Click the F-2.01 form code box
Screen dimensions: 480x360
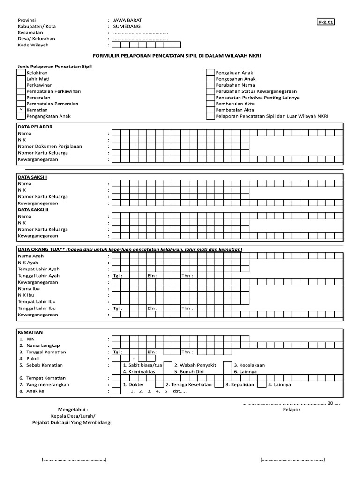coord(326,22)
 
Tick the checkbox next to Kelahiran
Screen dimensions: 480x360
coord(21,73)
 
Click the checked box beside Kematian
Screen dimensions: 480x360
coord(21,110)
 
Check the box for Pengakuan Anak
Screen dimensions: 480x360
coord(210,73)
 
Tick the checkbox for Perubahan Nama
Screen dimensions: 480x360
coord(210,85)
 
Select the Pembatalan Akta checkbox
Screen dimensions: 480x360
coord(210,110)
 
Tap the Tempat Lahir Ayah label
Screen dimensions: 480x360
coord(38,269)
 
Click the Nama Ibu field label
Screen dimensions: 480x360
coord(31,289)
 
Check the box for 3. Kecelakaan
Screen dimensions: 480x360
coord(227,365)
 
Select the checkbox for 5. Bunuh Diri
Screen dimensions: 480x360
coord(168,371)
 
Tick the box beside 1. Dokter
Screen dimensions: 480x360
coord(116,384)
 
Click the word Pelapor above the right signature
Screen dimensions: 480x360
coord(291,409)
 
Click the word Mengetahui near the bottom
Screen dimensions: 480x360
coord(72,409)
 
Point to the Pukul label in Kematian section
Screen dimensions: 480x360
coord(33,358)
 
